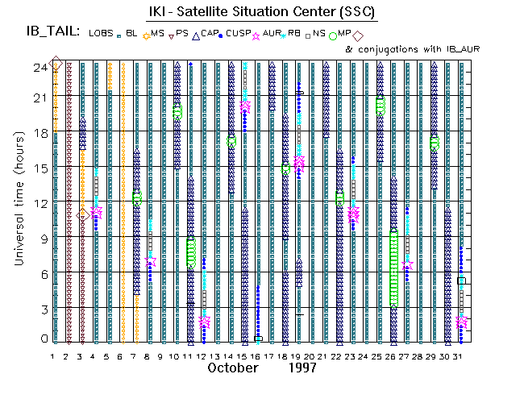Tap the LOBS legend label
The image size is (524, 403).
pos(102,33)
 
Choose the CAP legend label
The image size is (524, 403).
pos(210,33)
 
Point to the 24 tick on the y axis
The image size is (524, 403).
pos(41,68)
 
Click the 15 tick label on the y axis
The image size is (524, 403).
pos(41,168)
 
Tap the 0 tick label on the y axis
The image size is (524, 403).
pos(44,339)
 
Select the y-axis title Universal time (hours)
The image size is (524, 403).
pos(17,203)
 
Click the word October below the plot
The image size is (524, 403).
pos(233,368)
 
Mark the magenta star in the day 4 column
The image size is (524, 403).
pos(97,213)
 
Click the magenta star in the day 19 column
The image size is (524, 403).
pos(299,162)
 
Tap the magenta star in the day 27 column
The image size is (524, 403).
pos(408,265)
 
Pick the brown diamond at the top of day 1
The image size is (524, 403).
pos(56,64)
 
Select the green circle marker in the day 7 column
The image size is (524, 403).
pos(137,197)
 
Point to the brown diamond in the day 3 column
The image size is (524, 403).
pos(83,214)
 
